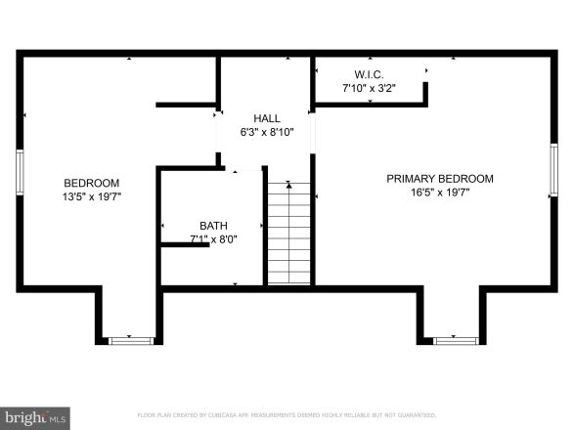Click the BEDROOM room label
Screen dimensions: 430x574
91,183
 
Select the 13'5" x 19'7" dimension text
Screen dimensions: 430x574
91,196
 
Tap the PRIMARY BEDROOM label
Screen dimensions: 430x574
439,179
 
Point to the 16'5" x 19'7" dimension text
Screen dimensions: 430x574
439,193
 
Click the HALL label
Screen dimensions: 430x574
266,118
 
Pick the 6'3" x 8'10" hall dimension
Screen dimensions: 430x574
266,132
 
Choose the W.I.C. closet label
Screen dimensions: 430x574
368,74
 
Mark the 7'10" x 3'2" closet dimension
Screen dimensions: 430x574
368,88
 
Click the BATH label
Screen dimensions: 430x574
213,224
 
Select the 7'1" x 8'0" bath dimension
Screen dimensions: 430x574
213,237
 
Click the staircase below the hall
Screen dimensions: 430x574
288,233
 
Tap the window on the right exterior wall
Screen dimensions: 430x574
553,170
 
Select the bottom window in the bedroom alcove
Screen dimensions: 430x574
131,340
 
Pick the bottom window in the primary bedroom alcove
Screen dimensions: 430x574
456,340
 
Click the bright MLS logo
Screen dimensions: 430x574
35,418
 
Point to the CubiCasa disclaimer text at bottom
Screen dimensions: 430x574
287,414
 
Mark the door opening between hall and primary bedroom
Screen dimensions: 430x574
313,135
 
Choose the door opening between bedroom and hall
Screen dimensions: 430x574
218,127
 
